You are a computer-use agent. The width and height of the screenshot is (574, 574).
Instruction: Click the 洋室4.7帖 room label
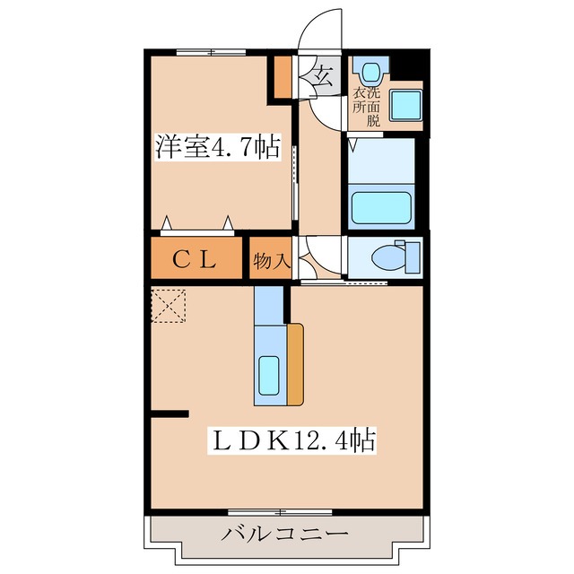(218, 146)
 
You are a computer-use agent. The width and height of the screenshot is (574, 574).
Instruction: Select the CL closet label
(194, 260)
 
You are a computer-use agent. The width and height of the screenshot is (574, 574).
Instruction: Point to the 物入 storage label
(270, 261)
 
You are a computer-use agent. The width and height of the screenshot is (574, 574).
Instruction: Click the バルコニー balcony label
(285, 535)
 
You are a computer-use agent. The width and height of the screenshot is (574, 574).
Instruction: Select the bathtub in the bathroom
(380, 205)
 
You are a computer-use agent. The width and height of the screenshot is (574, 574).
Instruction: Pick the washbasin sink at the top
(368, 70)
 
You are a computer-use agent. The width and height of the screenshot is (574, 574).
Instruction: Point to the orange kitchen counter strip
(295, 364)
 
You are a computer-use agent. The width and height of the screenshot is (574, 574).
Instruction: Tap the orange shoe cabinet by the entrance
(283, 79)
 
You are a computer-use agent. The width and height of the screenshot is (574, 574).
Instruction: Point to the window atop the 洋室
(212, 52)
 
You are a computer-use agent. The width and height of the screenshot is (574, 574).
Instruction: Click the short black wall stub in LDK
(170, 413)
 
